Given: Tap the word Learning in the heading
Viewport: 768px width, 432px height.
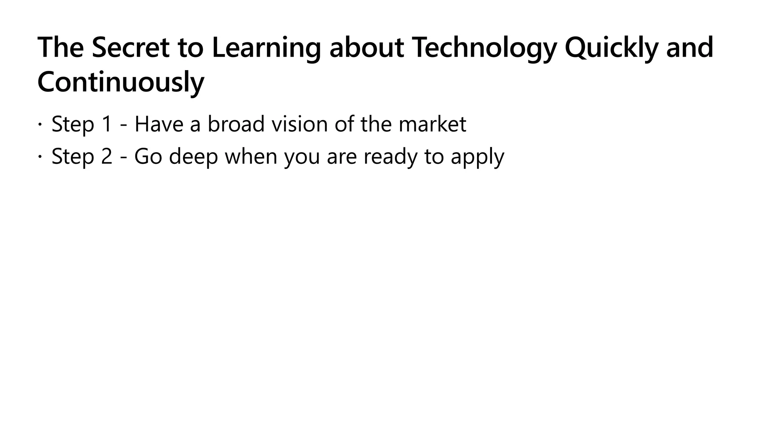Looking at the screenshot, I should pyautogui.click(x=266, y=48).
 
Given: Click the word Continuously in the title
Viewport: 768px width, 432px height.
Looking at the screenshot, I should pyautogui.click(x=121, y=82).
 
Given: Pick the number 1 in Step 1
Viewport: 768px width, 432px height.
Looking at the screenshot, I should pyautogui.click(x=106, y=124).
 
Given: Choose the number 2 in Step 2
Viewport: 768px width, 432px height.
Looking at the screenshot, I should pyautogui.click(x=106, y=156).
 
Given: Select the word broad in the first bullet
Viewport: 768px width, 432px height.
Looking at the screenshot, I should pyautogui.click(x=236, y=124).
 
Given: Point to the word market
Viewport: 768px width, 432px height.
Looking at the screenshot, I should pyautogui.click(x=432, y=124).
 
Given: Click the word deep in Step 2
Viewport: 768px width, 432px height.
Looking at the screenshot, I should pyautogui.click(x=193, y=156).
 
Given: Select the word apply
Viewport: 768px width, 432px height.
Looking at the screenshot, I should pyautogui.click(x=477, y=156).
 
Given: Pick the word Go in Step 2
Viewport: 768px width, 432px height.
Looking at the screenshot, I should pyautogui.click(x=148, y=156).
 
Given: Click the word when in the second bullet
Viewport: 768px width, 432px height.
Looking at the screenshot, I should pyautogui.click(x=251, y=156).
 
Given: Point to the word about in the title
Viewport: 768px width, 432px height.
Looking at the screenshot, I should pyautogui.click(x=366, y=48).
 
